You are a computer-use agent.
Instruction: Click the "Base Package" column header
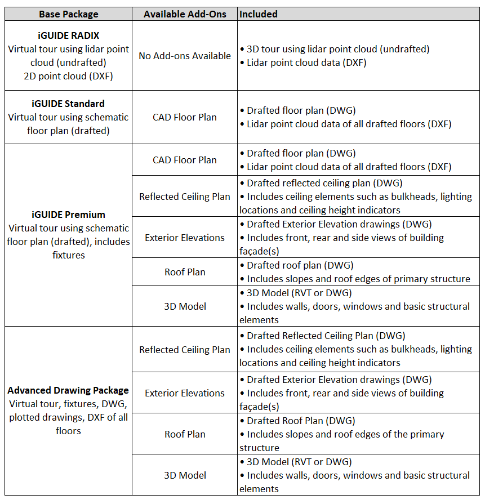pyautogui.click(x=68, y=14)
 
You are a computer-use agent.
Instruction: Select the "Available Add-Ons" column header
pyautogui.click(x=185, y=14)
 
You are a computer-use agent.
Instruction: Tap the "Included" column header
pyautogui.click(x=259, y=14)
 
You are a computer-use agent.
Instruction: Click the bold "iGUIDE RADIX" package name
pyautogui.click(x=68, y=35)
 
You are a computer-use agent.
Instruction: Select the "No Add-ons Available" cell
pyautogui.click(x=185, y=56)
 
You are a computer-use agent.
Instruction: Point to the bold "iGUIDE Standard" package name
pyautogui.click(x=68, y=104)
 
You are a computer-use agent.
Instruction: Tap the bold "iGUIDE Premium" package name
pyautogui.click(x=68, y=215)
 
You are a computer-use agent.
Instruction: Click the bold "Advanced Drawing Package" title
pyautogui.click(x=68, y=390)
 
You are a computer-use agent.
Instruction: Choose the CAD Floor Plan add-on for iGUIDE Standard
pyautogui.click(x=185, y=117)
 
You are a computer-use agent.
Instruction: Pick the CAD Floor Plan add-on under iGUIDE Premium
pyautogui.click(x=185, y=160)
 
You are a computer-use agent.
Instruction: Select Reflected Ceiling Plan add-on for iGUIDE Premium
pyautogui.click(x=185, y=197)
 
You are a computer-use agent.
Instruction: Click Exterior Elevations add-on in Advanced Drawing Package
pyautogui.click(x=185, y=393)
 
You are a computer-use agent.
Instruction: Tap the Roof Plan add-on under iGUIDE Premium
pyautogui.click(x=185, y=272)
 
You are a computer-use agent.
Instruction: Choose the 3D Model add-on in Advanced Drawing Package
pyautogui.click(x=185, y=475)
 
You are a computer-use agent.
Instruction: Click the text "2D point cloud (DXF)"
pyautogui.click(x=68, y=76)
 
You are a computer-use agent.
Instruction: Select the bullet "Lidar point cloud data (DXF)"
pyautogui.click(x=306, y=63)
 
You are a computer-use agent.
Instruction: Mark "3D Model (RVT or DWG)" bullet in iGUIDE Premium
pyautogui.click(x=299, y=293)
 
